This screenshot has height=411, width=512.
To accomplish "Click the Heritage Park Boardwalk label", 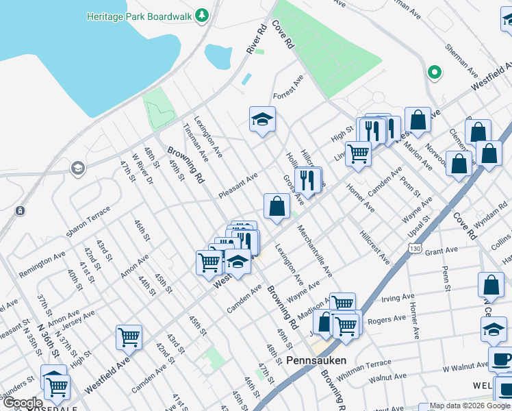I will coord(140,15).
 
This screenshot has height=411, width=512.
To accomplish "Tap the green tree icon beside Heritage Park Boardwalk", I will coord(201,15).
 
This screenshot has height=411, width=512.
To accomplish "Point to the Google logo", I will coord(22,403).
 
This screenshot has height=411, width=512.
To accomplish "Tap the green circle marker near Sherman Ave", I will coord(433,72).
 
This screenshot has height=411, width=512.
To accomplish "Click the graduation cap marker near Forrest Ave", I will coord(262,120).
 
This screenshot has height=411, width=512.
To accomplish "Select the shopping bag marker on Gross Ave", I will coord(277,206).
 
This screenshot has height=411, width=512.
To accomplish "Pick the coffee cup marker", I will coord(500,359).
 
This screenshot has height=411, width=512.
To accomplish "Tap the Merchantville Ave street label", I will coord(314,253).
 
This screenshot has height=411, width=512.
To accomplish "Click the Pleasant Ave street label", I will coord(238,186).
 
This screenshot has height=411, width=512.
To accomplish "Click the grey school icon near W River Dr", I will coord(78,168).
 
